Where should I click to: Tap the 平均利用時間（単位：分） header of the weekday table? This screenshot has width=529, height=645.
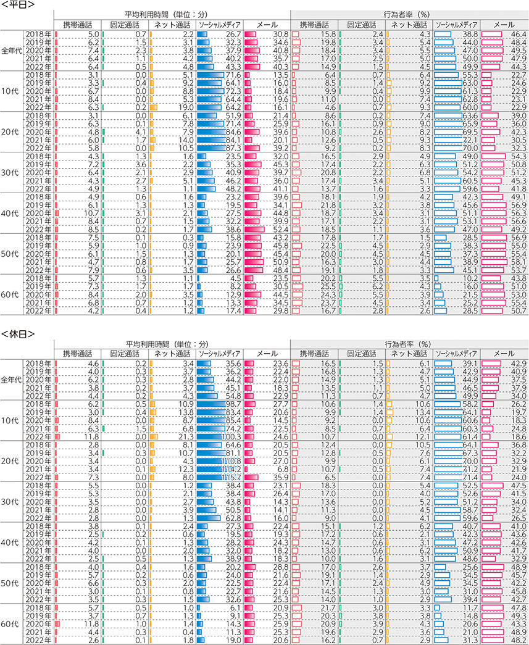click(171, 14)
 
